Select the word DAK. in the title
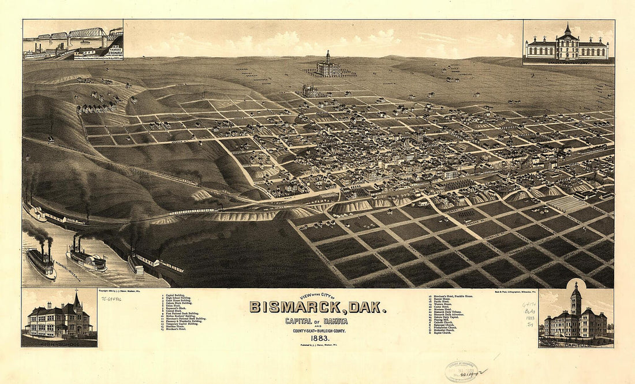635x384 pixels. coord(368,307)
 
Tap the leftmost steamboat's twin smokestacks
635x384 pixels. coord(44,247)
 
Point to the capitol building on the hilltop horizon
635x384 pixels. coord(328,66)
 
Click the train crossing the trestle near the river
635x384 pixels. coord(190,211)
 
